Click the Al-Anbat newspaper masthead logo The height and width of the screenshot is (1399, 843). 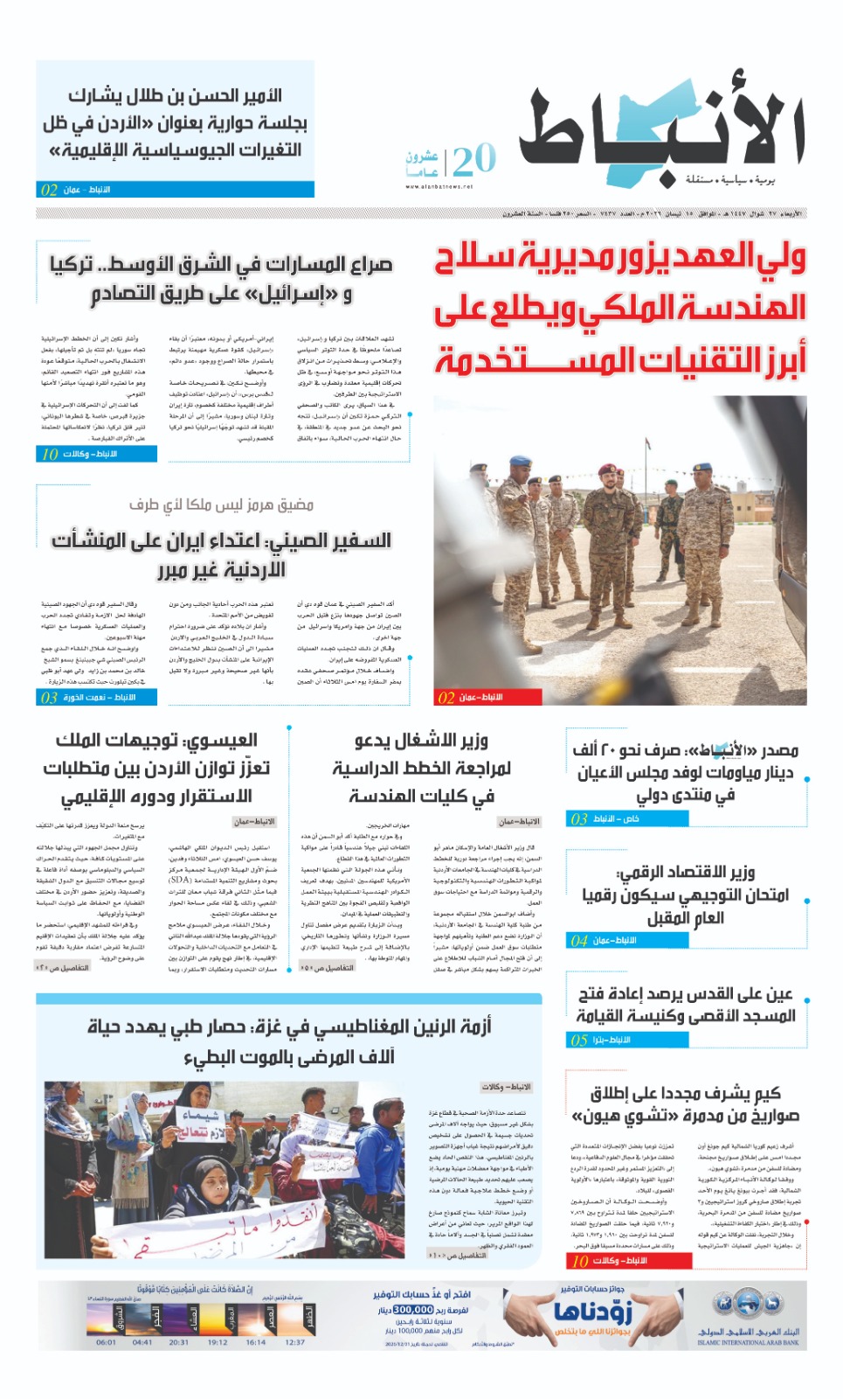(x=661, y=131)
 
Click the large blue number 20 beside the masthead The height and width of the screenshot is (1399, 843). (x=474, y=160)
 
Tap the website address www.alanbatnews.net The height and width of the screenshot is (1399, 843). (x=439, y=186)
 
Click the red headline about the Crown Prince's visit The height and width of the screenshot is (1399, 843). (x=620, y=308)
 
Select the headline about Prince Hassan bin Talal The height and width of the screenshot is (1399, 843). (x=175, y=122)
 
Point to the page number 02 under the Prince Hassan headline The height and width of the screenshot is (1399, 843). (x=49, y=190)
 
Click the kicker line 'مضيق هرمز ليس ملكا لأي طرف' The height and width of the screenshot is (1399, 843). (x=221, y=505)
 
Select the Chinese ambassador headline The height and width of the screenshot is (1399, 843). (x=221, y=554)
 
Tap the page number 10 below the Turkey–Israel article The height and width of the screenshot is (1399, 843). (x=50, y=454)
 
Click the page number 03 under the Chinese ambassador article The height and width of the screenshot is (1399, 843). (x=49, y=697)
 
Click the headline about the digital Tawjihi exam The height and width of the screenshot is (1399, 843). (x=686, y=894)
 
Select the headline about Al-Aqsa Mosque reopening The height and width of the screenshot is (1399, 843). (x=686, y=1005)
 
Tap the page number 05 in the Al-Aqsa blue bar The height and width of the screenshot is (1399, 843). (x=578, y=1041)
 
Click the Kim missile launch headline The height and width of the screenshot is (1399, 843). (x=686, y=1104)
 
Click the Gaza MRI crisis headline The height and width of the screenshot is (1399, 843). (x=288, y=1041)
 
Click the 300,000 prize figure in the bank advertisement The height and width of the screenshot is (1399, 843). (x=413, y=1309)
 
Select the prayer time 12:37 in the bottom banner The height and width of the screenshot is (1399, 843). (x=295, y=1342)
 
